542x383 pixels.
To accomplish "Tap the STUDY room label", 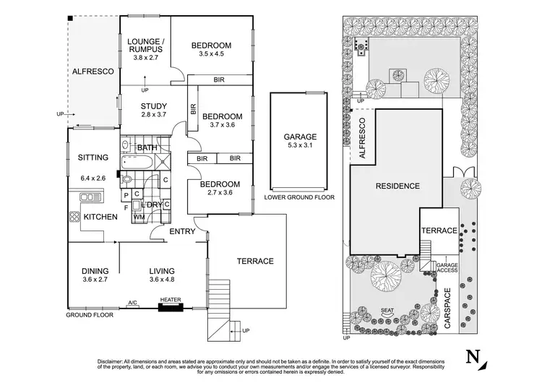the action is (x=154, y=106).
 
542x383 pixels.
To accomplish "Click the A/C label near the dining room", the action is (x=132, y=303).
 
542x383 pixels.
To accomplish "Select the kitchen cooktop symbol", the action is (x=74, y=216).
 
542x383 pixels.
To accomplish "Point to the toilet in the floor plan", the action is (x=126, y=180).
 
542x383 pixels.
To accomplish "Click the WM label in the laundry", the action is (x=139, y=216).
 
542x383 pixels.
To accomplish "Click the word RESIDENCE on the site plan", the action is (x=397, y=186).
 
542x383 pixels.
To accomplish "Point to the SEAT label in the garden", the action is (x=387, y=311).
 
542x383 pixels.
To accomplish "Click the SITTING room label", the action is (x=93, y=158).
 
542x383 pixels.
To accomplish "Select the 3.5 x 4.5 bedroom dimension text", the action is (x=211, y=54).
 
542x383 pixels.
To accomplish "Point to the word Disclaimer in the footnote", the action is (x=112, y=361).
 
